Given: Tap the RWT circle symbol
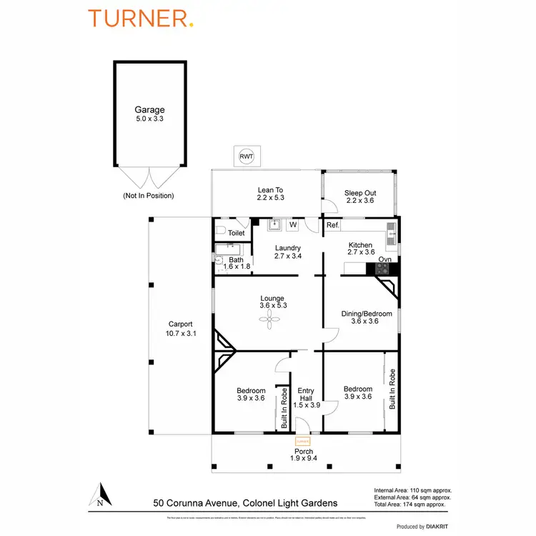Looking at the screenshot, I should tap(246, 156).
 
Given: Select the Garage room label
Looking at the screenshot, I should tap(149, 110).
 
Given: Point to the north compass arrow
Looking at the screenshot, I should tap(101, 494).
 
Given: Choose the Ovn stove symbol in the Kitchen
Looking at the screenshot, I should tap(384, 269).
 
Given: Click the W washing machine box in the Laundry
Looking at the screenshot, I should tap(292, 225).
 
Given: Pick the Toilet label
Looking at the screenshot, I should tap(236, 233).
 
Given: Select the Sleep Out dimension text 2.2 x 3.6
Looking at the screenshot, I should tap(360, 201).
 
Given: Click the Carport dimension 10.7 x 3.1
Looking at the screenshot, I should tap(180, 333).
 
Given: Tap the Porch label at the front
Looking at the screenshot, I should tap(304, 452).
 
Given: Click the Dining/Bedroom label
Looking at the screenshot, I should tap(360, 313).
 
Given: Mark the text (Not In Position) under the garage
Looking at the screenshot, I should tap(149, 195).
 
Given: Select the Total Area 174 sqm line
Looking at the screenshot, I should tap(412, 504).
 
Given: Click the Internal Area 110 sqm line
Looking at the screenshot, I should tap(413, 490).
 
